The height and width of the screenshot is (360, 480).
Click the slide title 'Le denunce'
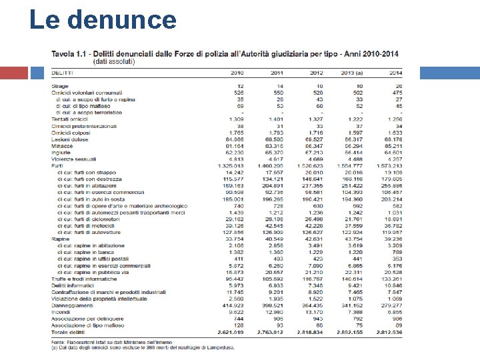pyautogui.click(x=103, y=20)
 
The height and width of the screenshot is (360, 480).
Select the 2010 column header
pyautogui.click(x=237, y=72)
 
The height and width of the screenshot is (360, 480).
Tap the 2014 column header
pyautogui.click(x=395, y=72)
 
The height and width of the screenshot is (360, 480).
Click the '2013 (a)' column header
pyautogui.click(x=351, y=72)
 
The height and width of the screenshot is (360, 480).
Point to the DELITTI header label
pyautogui.click(x=63, y=72)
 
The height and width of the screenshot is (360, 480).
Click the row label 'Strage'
pyautogui.click(x=59, y=86)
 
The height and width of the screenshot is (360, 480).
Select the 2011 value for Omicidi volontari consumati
pyautogui.click(x=275, y=93)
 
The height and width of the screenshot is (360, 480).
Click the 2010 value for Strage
pyautogui.click(x=239, y=86)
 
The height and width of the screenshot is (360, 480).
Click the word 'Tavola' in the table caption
pyautogui.click(x=64, y=53)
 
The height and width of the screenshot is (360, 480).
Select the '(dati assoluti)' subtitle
pyautogui.click(x=113, y=61)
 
